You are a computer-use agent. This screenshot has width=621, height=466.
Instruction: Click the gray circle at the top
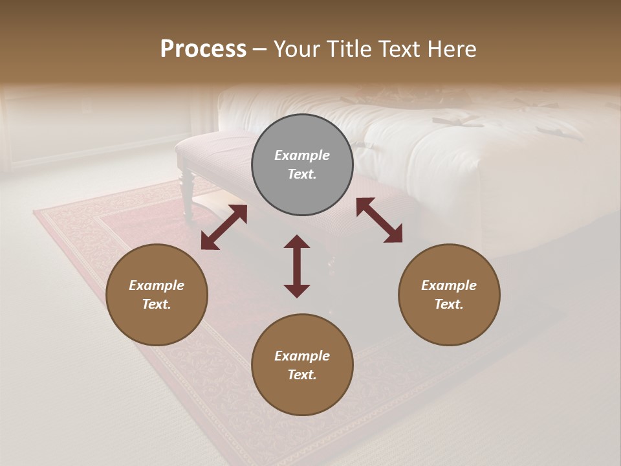click(302, 165)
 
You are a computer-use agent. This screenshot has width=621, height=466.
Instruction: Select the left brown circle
click(157, 295)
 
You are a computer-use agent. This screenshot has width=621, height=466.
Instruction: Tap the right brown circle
click(449, 295)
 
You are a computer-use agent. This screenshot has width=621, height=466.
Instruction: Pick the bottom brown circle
click(302, 365)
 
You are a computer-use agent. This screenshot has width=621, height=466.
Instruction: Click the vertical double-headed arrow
click(297, 266)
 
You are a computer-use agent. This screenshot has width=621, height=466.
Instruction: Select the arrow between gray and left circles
click(224, 227)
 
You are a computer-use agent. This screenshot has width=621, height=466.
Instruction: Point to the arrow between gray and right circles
click(380, 220)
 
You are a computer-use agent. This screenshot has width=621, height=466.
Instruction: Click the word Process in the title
click(203, 49)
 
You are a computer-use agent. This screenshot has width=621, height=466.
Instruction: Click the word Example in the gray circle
click(302, 155)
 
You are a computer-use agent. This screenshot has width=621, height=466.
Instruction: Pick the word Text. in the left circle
click(157, 304)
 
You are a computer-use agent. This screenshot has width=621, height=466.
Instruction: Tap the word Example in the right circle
click(449, 285)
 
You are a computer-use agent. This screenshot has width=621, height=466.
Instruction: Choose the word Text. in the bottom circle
click(302, 375)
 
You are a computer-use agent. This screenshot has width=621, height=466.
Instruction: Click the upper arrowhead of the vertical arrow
click(297, 241)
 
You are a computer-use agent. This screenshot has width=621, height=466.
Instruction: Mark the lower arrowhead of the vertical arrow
click(297, 291)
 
